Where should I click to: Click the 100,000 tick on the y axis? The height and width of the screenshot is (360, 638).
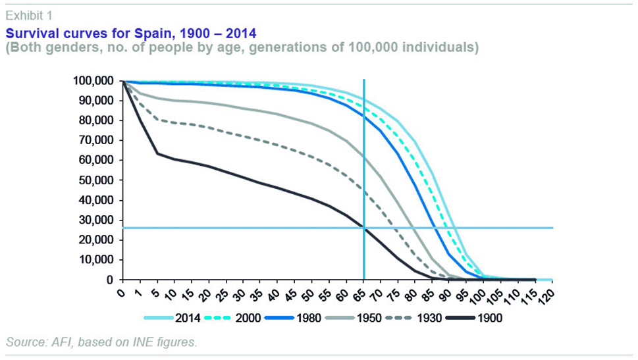tap(93, 81)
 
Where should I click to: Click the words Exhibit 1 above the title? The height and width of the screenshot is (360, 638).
tap(27, 13)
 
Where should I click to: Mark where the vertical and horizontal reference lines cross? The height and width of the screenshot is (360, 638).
tap(363, 228)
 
